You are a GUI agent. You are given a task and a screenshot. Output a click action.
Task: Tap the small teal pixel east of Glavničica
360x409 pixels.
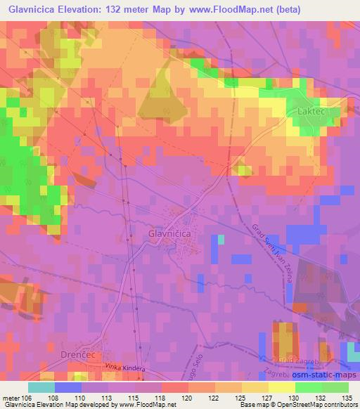[x=221, y=239]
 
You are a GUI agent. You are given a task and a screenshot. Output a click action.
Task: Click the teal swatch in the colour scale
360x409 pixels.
[x=41, y=387]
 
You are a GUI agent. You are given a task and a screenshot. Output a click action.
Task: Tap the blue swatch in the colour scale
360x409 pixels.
[x=68, y=387]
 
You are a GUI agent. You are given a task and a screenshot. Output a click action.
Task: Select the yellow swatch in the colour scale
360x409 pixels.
[x=282, y=387]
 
